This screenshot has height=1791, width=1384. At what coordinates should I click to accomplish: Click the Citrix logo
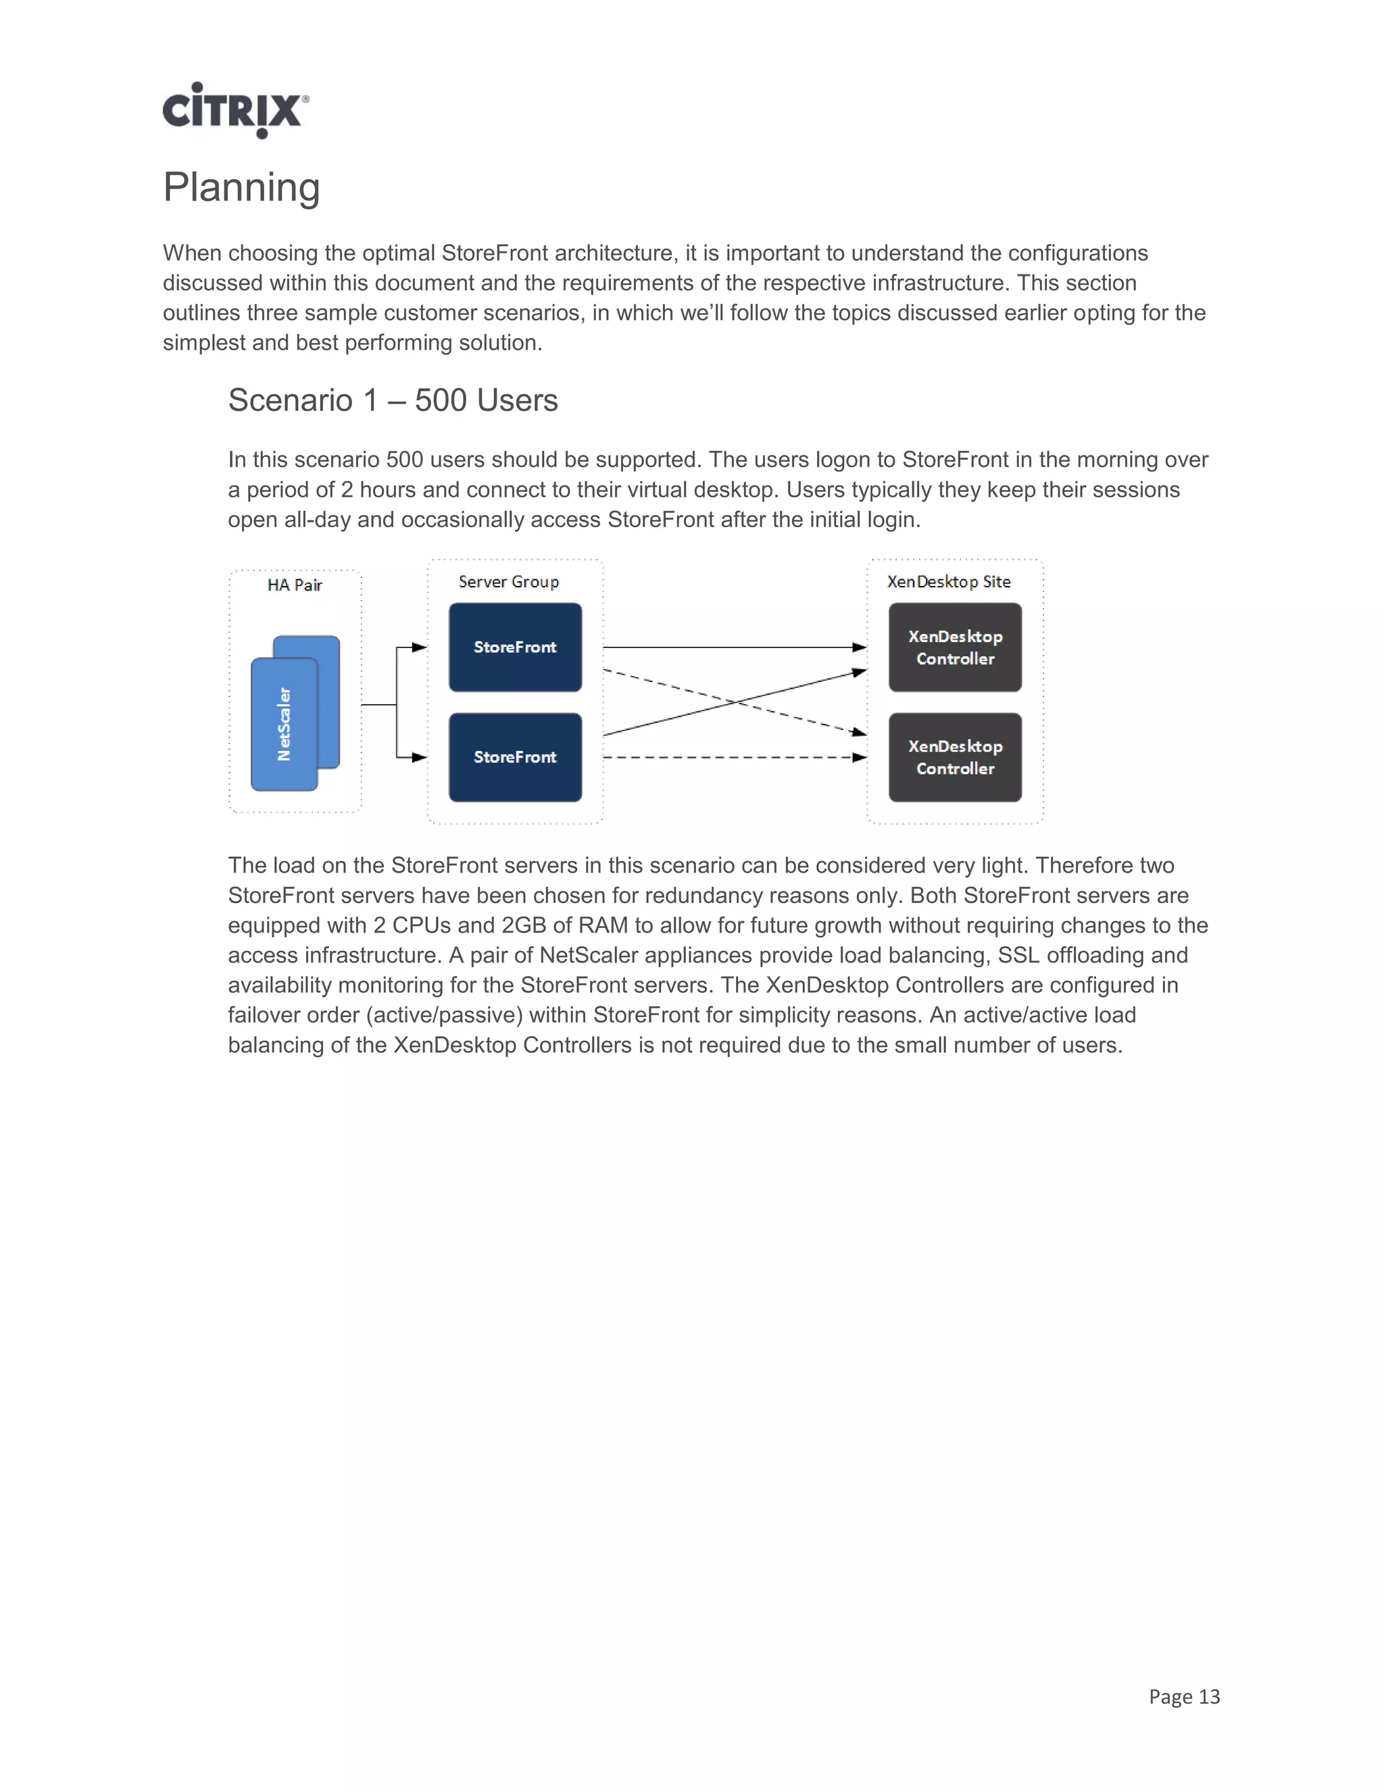tap(235, 110)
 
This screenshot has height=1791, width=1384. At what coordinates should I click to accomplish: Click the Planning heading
tap(241, 187)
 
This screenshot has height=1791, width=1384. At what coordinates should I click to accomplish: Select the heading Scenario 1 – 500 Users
tap(393, 400)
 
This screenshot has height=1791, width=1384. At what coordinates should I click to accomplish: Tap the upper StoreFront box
tap(515, 647)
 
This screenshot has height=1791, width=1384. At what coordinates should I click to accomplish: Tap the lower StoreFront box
tap(515, 757)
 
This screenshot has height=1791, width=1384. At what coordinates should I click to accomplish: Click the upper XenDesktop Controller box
tap(955, 647)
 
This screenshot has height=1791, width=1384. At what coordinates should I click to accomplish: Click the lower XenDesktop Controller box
tap(955, 757)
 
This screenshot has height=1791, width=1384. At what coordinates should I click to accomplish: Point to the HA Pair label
tap(295, 585)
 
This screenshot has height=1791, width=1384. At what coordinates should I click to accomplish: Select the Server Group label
tap(508, 581)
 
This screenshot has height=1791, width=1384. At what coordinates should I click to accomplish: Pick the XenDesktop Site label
tap(949, 581)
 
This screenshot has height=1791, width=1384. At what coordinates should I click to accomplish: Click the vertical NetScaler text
tap(284, 724)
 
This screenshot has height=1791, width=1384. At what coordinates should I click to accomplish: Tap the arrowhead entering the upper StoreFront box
tap(420, 647)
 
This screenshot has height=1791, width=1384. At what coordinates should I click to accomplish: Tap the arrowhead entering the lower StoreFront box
tap(420, 757)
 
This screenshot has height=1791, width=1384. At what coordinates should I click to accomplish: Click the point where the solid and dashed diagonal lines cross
tap(737, 702)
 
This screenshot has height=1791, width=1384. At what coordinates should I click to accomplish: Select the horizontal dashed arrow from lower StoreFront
tap(730, 757)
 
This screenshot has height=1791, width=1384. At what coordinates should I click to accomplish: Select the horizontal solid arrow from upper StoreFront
tap(730, 647)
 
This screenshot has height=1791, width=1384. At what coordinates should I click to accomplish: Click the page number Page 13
tap(1184, 1696)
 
